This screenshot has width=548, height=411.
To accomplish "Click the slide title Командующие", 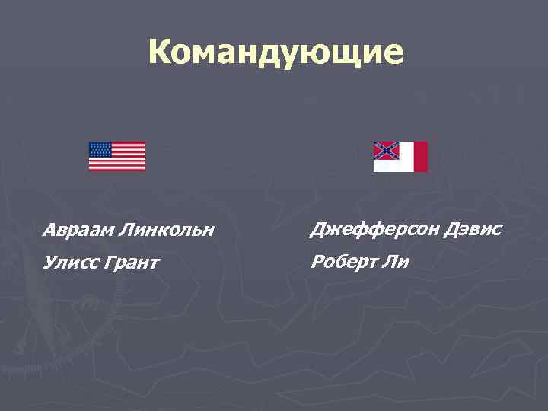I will (276, 53).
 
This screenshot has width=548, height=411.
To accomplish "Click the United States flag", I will (117, 156).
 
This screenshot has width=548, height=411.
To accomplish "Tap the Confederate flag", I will (400, 156).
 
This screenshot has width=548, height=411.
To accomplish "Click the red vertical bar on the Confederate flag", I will (420, 156).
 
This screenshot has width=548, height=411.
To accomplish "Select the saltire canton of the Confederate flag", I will (386, 150).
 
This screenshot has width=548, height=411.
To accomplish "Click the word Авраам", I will (73, 229).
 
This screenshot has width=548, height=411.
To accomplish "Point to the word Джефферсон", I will (363, 228).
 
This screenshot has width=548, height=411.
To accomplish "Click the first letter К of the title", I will (159, 53).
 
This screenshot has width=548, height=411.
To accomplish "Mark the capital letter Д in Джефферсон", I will (315, 228).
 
